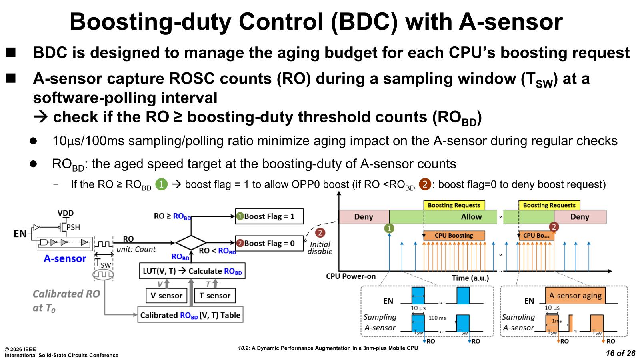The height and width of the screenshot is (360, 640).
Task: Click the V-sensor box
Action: point(166,296)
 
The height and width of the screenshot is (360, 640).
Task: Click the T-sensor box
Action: point(215,296)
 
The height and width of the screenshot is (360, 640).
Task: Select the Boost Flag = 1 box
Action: point(269,216)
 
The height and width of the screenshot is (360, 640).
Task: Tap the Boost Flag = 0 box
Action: point(269,244)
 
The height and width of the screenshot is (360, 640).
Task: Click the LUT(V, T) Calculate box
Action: point(192,271)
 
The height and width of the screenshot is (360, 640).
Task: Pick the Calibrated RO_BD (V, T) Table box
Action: point(190,315)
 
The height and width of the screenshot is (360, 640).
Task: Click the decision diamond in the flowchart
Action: point(190,242)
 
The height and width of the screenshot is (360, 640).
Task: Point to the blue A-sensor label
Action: point(65,258)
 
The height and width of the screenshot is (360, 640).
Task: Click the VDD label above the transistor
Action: point(66,213)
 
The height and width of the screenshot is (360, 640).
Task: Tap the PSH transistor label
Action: point(73,228)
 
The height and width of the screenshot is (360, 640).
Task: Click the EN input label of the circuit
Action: point(20,234)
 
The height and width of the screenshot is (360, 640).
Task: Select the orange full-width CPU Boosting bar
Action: point(454,236)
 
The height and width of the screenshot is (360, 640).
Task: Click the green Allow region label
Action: point(471,217)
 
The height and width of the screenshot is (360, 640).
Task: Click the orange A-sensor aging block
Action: point(575,296)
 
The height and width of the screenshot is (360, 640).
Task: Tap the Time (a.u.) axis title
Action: point(470,278)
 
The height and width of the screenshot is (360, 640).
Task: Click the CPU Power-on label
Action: point(351,276)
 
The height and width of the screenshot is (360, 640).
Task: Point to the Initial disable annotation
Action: point(320,248)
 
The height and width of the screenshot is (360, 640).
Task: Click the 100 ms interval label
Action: point(437,318)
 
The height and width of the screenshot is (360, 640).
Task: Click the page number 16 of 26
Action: point(620,354)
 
